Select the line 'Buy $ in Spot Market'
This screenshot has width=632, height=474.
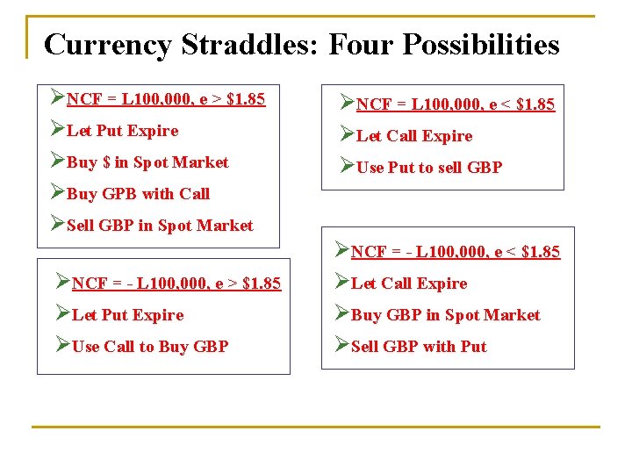pos(147,162)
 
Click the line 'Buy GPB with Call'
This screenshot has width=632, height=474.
pos(138,194)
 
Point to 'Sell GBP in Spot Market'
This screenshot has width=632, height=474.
pos(160,226)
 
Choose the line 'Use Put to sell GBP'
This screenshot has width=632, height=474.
pos(428,168)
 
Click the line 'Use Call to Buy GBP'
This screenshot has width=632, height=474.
pos(149,347)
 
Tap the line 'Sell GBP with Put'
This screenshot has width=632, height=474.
pos(418,347)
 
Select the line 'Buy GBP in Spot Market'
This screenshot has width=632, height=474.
pos(445,315)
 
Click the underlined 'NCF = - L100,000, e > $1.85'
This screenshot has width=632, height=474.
pos(176,284)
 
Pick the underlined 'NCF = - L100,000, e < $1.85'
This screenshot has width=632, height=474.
pos(455,253)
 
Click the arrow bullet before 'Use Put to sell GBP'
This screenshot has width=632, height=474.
pos(347,167)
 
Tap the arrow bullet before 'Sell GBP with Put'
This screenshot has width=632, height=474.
pos(341,346)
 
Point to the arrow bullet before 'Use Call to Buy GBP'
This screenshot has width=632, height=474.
pos(62,346)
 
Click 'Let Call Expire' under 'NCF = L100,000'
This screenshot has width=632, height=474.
pos(413,136)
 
